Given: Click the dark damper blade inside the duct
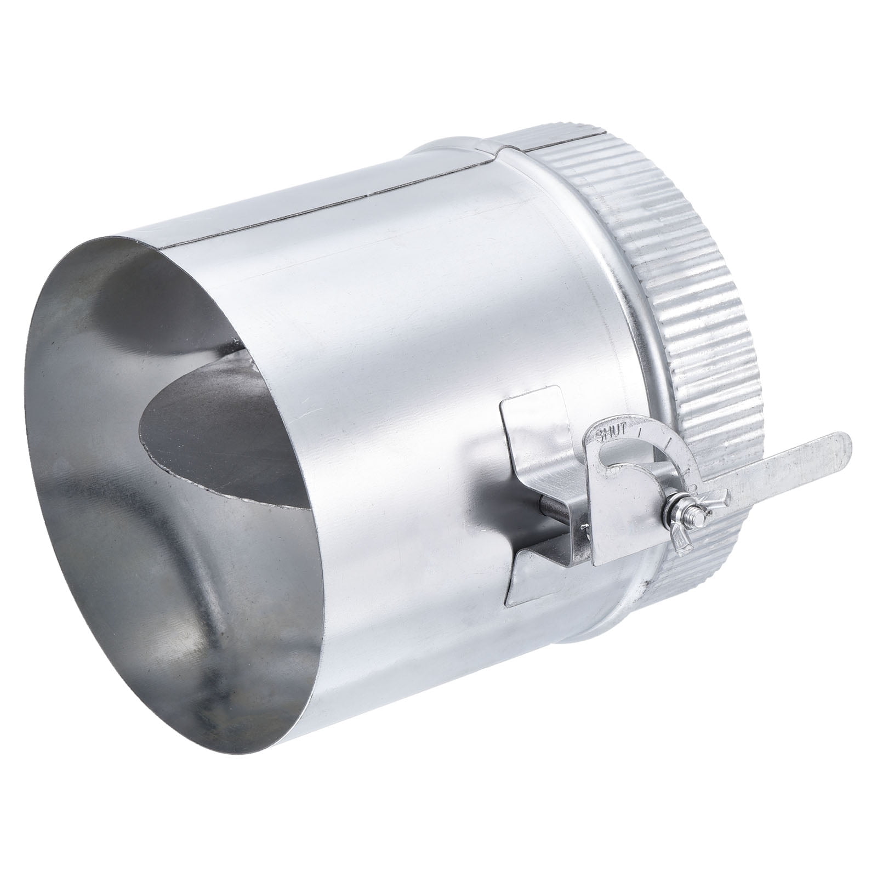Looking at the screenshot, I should coord(219,438).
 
